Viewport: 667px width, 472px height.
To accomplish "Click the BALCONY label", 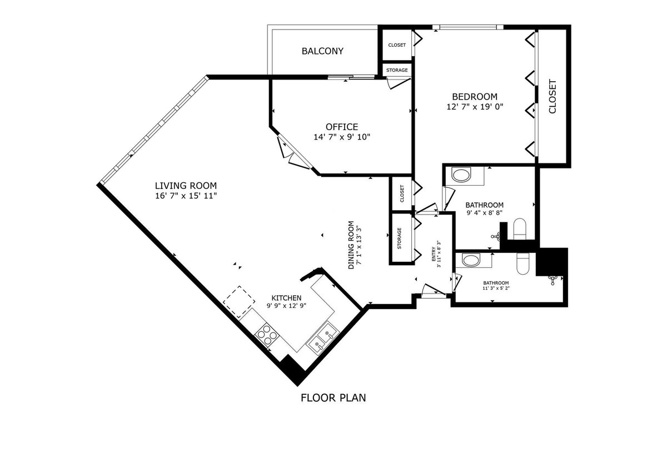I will coord(322,51).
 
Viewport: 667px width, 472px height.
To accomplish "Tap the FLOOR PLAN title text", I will coord(333,398).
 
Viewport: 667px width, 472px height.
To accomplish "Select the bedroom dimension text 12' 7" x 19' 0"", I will coord(474,107).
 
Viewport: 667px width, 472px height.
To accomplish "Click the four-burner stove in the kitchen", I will coord(266,334).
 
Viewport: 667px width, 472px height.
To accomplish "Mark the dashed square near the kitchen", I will coord(240,302).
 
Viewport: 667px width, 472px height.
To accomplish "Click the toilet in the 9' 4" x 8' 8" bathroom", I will coord(520,229).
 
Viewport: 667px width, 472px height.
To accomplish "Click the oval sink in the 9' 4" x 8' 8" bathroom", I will coord(461,176).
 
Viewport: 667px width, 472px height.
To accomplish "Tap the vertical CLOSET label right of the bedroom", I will coord(552,97).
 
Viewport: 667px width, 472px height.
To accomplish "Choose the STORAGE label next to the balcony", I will coord(397,71).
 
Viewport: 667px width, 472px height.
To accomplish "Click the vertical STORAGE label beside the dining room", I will coord(400,237).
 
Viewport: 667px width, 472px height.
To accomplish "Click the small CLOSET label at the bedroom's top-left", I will coord(397,45).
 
